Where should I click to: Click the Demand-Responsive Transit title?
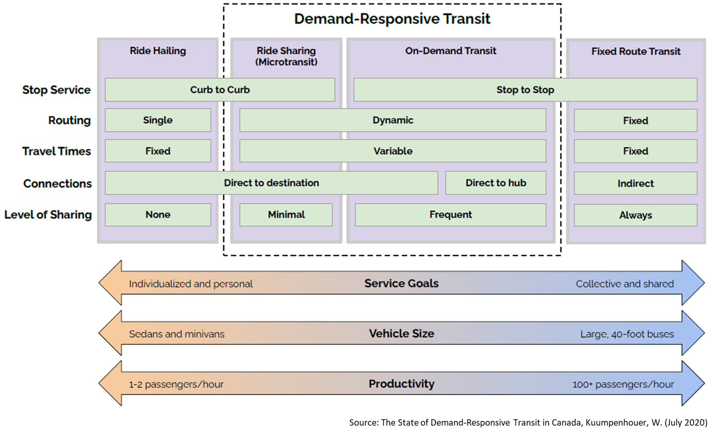(x=392, y=19)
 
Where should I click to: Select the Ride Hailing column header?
(x=158, y=51)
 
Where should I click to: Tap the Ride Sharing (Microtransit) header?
(x=286, y=56)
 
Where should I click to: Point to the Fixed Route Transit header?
(x=635, y=51)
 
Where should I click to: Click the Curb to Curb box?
(x=220, y=90)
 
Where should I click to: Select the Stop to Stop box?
(x=525, y=90)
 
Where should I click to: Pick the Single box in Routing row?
(x=158, y=120)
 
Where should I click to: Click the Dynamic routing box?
(x=393, y=120)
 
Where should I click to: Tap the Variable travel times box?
(x=393, y=151)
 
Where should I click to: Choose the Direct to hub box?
(x=495, y=183)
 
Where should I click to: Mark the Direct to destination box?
(x=271, y=183)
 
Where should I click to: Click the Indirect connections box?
(x=635, y=183)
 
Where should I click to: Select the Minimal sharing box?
(x=286, y=215)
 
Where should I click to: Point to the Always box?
(x=635, y=215)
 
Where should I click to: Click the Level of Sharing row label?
(x=48, y=215)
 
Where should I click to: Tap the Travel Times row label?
(x=57, y=151)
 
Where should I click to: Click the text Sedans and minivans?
(x=177, y=334)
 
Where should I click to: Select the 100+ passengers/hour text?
(x=623, y=384)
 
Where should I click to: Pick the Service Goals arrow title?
(x=401, y=283)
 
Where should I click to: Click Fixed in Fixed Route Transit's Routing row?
(x=635, y=120)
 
